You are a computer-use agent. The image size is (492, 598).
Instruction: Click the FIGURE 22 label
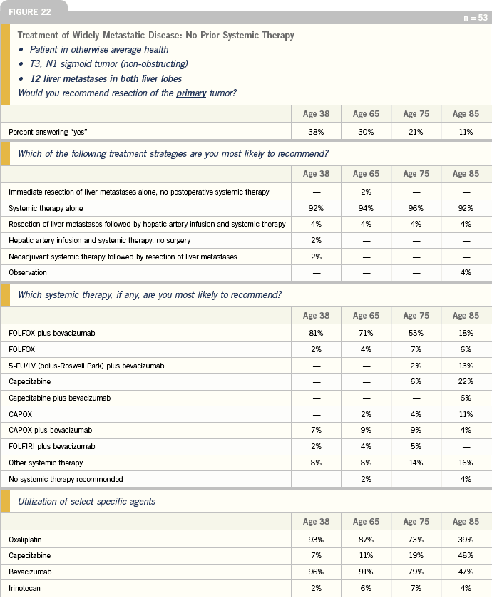(29, 12)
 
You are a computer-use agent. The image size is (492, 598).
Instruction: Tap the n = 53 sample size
(475, 18)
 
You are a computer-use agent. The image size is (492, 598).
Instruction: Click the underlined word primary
(191, 93)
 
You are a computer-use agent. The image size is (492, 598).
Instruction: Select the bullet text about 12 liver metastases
(106, 78)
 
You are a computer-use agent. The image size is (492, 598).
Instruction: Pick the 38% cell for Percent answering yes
(316, 132)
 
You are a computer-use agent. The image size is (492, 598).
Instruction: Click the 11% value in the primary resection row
(466, 132)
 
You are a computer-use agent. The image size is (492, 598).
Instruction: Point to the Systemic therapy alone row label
(46, 208)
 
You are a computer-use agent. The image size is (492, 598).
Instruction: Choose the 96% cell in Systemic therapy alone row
(416, 208)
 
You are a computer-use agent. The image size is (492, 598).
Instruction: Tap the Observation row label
(28, 272)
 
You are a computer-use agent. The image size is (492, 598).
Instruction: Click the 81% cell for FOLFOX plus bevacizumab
(316, 333)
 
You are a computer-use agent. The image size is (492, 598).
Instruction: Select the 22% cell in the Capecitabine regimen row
(466, 381)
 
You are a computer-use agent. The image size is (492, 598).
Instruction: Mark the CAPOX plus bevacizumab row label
(51, 430)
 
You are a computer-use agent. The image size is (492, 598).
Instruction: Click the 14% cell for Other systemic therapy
(416, 463)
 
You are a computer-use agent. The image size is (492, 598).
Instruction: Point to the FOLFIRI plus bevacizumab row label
(52, 446)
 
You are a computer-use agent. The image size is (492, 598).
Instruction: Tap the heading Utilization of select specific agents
(86, 501)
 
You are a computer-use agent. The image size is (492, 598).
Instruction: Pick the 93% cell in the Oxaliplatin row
(316, 540)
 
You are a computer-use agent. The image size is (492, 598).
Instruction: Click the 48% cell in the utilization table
(466, 555)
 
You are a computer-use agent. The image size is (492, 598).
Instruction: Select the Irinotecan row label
(24, 588)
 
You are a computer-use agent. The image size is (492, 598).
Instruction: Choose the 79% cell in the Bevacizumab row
(416, 572)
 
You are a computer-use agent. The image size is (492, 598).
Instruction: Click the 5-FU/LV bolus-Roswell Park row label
(86, 366)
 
